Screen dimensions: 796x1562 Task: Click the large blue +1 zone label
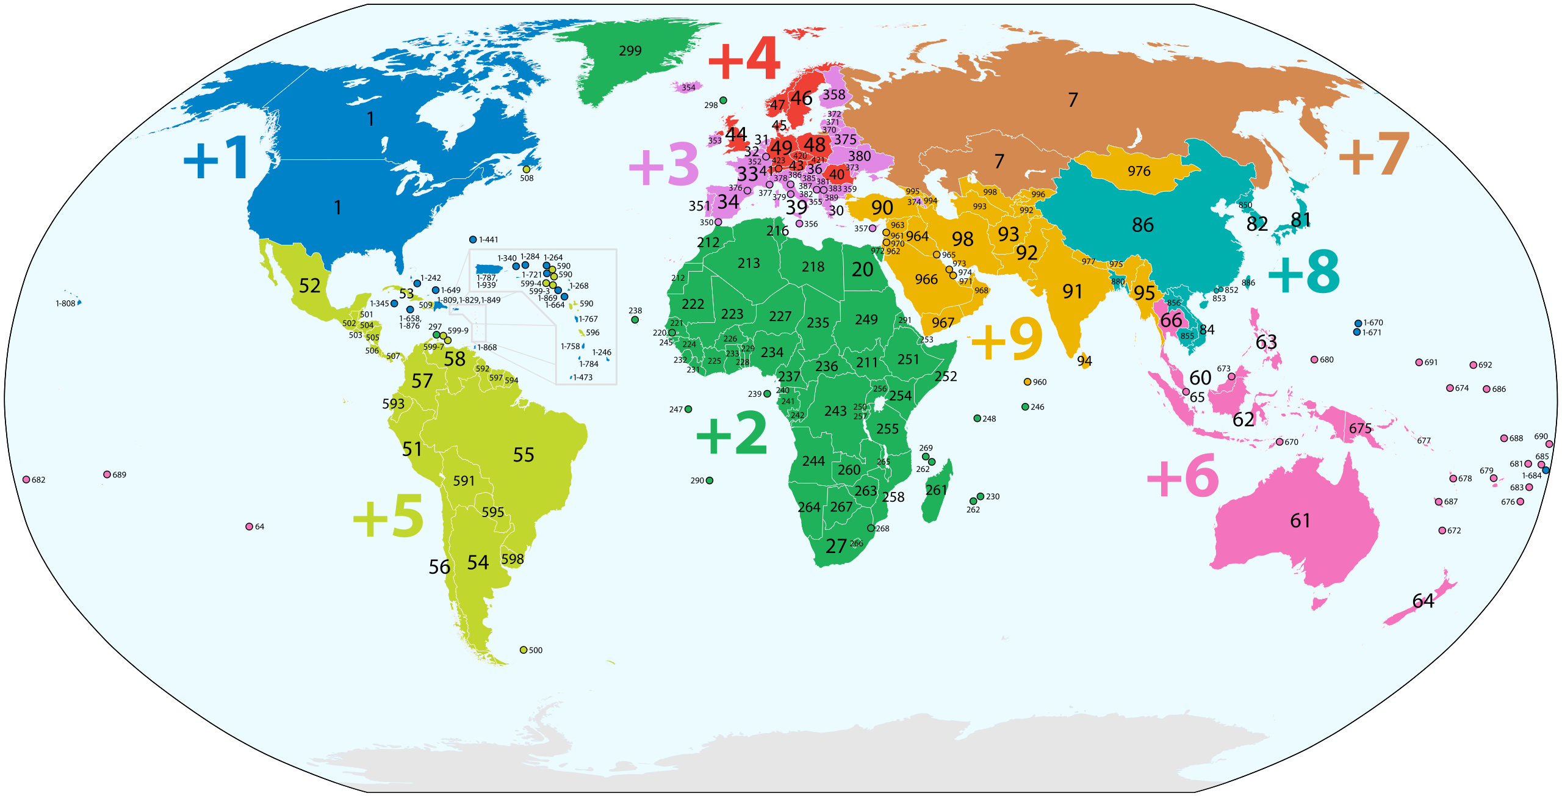pos(216,157)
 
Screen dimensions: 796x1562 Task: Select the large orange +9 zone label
pos(1007,339)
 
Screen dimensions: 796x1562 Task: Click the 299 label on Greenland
pos(630,51)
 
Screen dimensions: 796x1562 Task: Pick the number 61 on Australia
pos(1300,521)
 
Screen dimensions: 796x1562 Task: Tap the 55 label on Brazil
pos(524,455)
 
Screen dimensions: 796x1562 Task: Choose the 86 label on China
pos(1143,225)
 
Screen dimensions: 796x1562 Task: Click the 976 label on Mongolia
pos(1139,172)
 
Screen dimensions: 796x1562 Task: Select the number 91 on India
pos(1073,292)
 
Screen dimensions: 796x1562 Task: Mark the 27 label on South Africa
pos(836,546)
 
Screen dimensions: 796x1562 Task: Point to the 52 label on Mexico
pos(310,286)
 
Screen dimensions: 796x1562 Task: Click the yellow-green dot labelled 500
pos(524,649)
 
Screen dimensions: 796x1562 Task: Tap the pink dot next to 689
pos(107,474)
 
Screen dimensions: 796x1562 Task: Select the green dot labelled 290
pos(710,480)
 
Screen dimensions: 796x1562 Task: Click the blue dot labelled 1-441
pos(473,240)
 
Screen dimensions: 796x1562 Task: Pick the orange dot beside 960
pos(1028,382)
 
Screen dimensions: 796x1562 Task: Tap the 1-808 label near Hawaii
pos(65,303)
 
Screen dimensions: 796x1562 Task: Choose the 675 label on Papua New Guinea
pos(1360,429)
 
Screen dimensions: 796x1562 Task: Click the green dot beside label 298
pos(723,100)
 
